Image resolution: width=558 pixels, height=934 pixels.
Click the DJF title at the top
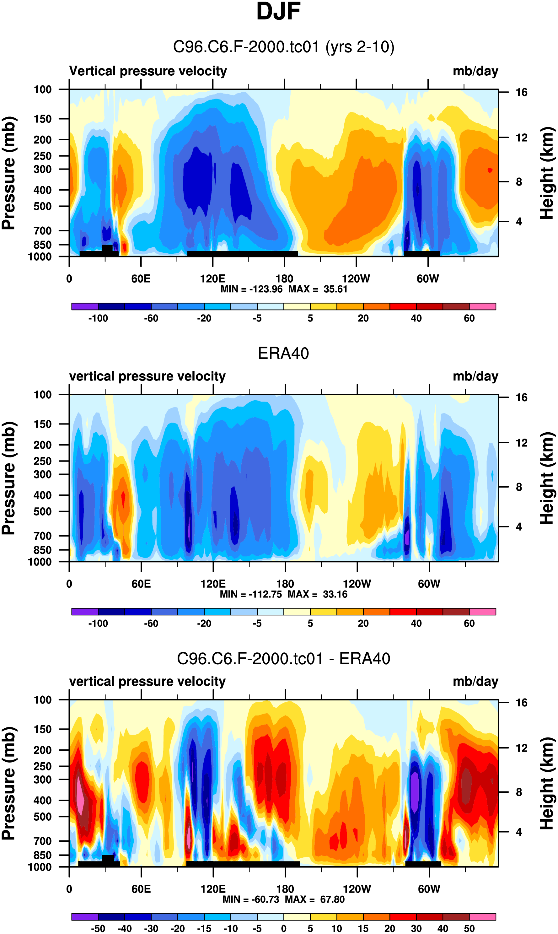click(x=278, y=11)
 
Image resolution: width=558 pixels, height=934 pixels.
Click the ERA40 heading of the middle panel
click(x=283, y=353)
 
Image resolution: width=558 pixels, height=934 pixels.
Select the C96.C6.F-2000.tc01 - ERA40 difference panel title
click(x=283, y=659)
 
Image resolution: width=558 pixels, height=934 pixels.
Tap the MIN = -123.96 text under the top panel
click(x=251, y=289)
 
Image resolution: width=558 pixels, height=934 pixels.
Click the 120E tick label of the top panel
click(x=212, y=279)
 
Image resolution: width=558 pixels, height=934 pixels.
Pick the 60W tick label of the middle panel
click(x=429, y=584)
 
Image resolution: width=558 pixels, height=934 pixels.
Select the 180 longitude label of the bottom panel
click(x=285, y=889)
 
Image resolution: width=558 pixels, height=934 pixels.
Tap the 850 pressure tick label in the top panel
click(x=42, y=245)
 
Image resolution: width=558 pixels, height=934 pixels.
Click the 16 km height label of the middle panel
click(x=521, y=397)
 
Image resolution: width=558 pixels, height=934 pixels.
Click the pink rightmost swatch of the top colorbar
click(x=482, y=306)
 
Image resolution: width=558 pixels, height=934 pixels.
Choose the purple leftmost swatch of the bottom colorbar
click(x=85, y=917)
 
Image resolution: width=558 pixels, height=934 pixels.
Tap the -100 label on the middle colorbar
click(x=98, y=623)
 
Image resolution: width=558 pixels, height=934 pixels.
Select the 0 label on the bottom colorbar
click(x=283, y=928)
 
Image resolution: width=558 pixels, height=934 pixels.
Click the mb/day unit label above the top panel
click(x=475, y=71)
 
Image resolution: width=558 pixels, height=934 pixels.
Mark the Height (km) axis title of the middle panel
click(x=547, y=478)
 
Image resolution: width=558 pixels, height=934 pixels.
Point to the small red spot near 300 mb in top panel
click(x=490, y=170)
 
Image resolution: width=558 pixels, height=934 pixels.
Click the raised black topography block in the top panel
click(x=107, y=248)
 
